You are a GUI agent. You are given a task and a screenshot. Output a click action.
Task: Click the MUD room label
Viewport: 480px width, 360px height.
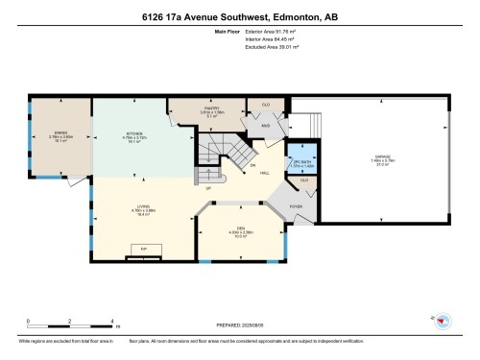click(264, 125)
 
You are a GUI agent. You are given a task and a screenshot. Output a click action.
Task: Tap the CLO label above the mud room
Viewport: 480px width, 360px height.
click(266, 104)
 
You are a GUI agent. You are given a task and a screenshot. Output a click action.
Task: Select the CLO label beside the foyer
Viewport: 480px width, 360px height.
click(304, 180)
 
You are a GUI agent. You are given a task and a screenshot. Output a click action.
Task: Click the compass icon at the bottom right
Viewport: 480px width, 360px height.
click(442, 319)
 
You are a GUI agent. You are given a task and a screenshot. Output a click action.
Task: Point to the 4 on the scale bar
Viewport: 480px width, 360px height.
click(113, 320)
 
